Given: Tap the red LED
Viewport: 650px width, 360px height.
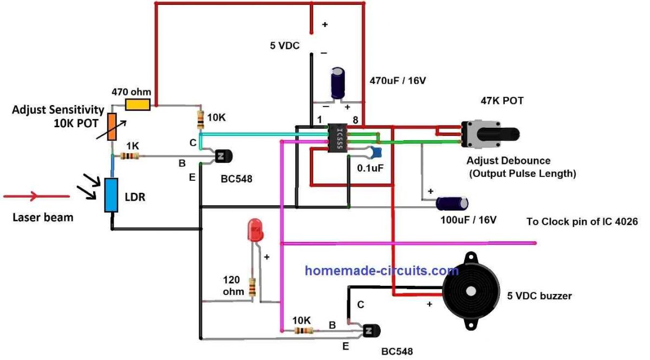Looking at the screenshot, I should tap(255, 231).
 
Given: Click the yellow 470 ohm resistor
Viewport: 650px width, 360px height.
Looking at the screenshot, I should tap(138, 105).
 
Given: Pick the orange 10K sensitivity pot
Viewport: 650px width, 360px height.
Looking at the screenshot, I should tap(111, 127).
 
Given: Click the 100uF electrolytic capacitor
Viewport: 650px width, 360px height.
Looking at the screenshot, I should tap(452, 204).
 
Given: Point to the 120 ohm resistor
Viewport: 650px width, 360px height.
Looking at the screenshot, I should tap(252, 286).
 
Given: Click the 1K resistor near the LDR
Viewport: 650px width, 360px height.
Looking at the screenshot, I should tap(129, 156).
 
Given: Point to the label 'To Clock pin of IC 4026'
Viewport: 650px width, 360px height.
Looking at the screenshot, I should tap(582, 222).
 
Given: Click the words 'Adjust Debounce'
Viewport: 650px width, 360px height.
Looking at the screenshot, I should tap(508, 161).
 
